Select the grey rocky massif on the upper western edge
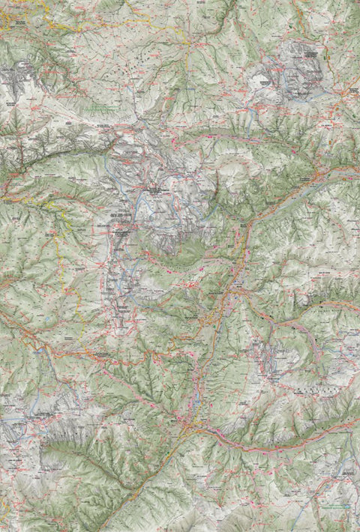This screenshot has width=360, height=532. [x=16, y=79]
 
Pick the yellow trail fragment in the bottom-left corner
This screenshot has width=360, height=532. [x=15, y=517]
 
